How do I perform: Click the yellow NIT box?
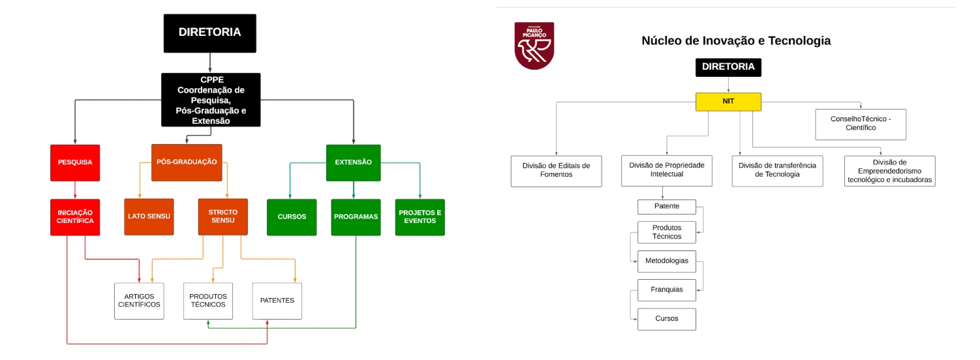coord(728,102)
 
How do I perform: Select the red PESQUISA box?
coord(75,163)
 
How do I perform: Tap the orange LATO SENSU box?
coord(149,217)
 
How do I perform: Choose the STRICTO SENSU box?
coord(222,217)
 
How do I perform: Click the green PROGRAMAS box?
coord(356,217)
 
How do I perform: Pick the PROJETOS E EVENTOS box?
coord(420,217)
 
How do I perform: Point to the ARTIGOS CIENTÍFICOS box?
coord(139,301)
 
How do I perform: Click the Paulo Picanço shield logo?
coord(534,46)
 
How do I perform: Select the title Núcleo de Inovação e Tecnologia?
coord(736,40)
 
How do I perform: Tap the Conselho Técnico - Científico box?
coord(861,124)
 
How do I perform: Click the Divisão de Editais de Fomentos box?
coord(556,171)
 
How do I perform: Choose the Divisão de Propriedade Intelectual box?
coord(667,171)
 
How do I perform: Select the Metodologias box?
coord(667,261)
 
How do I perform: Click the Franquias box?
coord(667,290)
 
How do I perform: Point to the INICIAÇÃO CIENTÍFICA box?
coord(75,217)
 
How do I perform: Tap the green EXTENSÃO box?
coord(354,163)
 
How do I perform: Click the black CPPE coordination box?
coord(211,100)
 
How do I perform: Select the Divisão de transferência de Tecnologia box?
coord(778,171)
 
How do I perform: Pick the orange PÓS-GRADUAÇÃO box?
coord(187,162)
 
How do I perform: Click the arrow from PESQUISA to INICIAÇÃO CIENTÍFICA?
coord(75,190)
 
